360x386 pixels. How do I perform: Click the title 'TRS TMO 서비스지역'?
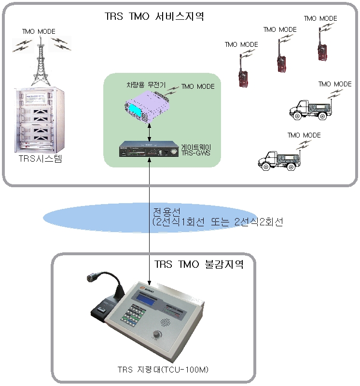154,16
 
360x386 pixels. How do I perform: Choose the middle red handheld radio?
280,60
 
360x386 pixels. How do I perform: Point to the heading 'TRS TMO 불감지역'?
198,264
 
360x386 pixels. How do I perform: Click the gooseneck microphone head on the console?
91,278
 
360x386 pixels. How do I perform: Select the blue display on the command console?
142,298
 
